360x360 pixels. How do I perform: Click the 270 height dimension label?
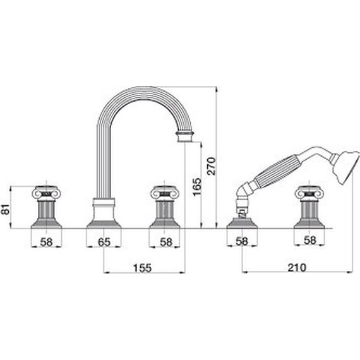point(211,166)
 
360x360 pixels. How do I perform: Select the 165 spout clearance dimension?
point(197,187)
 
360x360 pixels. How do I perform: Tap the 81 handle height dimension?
point(6,209)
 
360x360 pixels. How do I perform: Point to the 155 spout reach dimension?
point(142,268)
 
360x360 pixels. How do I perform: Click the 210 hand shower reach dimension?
point(297,268)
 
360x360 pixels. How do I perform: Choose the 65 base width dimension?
point(104,242)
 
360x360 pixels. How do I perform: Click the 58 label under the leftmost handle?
point(46,242)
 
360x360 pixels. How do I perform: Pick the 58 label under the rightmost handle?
point(310,241)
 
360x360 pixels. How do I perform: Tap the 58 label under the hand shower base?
point(243,241)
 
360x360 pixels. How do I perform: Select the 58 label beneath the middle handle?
point(166,242)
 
